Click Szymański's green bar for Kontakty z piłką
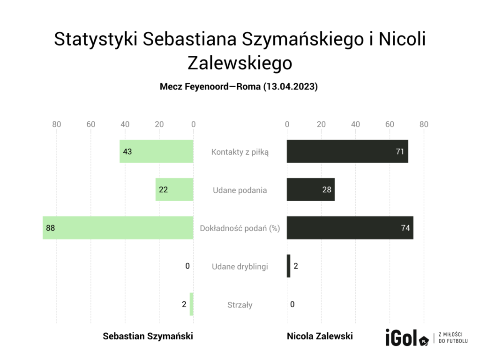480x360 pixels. click(157, 151)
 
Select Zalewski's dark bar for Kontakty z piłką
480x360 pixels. click(347, 151)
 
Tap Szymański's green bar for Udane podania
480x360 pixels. click(174, 190)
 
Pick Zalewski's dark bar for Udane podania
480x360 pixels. click(310, 190)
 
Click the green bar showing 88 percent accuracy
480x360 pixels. click(118, 228)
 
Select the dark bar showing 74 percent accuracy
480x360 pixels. click(350, 228)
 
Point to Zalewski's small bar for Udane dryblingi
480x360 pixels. click(288, 266)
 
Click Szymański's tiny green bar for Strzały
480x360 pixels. click(191, 304)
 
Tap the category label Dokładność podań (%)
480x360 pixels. click(240, 228)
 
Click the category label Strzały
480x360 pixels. click(240, 305)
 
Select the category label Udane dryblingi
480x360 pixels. click(240, 266)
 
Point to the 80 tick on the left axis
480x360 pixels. click(57, 124)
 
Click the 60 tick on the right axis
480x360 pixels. click(390, 124)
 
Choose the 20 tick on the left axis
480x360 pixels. click(159, 124)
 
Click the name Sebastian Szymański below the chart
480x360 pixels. click(148, 336)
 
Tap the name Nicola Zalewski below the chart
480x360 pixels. click(320, 336)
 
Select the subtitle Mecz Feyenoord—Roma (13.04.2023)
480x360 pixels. click(239, 87)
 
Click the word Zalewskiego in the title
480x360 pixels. click(240, 63)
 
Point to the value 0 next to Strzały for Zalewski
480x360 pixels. click(292, 305)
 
